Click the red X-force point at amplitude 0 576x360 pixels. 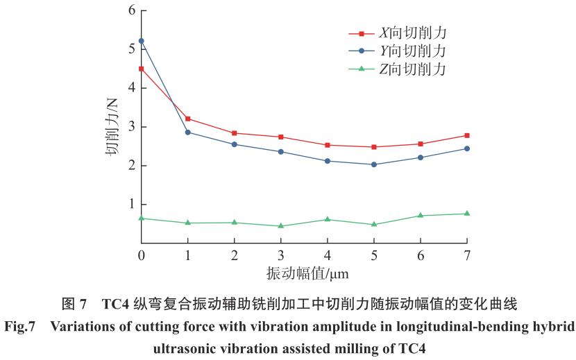[142, 69]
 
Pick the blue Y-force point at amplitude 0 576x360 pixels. [142, 41]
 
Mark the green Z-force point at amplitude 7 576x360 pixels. [467, 214]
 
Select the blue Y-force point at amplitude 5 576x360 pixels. [374, 164]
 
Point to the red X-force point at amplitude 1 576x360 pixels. [188, 119]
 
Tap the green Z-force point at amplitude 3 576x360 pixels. [281, 225]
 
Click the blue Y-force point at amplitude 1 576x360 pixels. [188, 132]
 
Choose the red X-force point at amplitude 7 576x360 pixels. [467, 135]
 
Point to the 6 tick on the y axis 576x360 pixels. [131, 11]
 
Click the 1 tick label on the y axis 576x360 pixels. [131, 205]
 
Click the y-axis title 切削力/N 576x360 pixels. [113, 127]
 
